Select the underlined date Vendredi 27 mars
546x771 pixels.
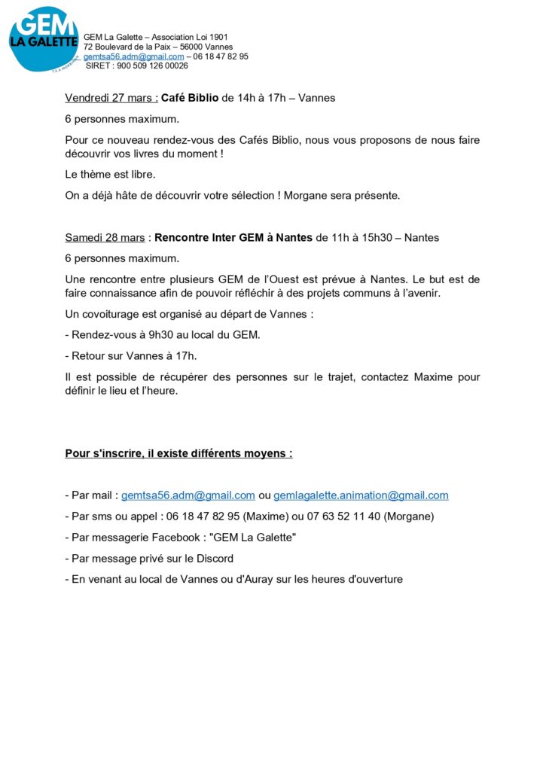111,98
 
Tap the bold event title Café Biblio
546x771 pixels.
190,98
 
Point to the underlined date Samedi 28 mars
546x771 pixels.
105,237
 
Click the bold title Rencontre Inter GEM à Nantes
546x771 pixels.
233,237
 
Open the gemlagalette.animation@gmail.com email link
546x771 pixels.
361,495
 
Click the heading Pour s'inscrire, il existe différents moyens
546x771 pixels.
178,453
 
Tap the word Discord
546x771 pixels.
213,559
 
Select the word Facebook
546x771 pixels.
169,538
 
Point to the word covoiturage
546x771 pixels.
108,313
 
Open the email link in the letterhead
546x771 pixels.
133,56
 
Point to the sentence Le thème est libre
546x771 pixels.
110,175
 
